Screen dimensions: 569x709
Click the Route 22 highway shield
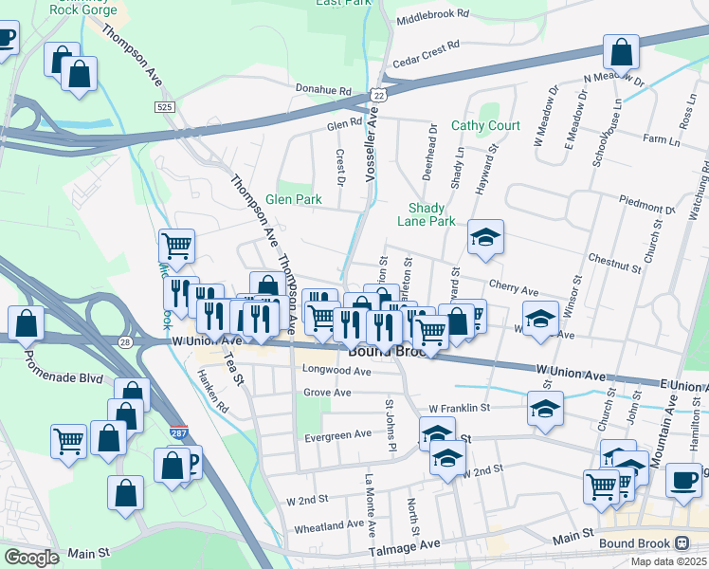point(379,95)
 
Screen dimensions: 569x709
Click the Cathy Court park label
point(485,125)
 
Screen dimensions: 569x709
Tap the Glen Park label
point(294,199)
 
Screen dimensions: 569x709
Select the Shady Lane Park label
point(431,214)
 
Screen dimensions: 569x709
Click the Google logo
point(32,557)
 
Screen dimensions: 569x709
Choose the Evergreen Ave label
point(337,434)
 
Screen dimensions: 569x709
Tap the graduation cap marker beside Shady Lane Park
point(486,238)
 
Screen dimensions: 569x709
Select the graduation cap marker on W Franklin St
point(545,410)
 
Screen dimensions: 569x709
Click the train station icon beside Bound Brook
point(682,543)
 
